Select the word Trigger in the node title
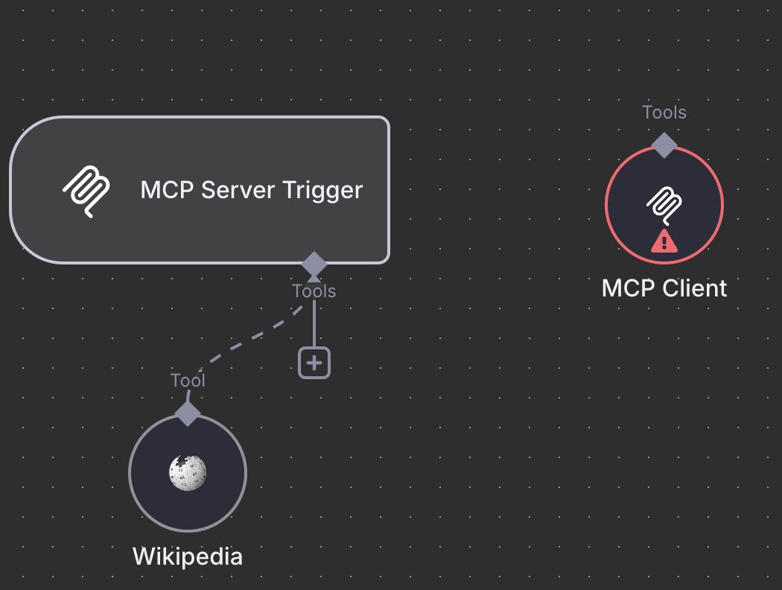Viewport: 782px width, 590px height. pyautogui.click(x=322, y=190)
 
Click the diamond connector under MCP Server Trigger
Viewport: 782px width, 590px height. pyautogui.click(x=314, y=263)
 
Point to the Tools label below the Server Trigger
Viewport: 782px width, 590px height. pyautogui.click(x=314, y=291)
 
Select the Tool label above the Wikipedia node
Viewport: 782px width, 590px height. pyautogui.click(x=188, y=381)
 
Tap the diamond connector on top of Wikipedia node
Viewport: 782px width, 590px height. pyautogui.click(x=188, y=412)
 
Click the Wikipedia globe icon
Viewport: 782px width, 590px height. pyautogui.click(x=188, y=472)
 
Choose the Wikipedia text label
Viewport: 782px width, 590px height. pyautogui.click(x=188, y=556)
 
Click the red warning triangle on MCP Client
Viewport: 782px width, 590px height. pyautogui.click(x=664, y=241)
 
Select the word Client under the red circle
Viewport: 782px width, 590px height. pyautogui.click(x=693, y=288)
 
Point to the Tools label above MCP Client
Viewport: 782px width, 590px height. pyautogui.click(x=664, y=112)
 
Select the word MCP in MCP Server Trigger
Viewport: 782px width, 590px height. pyautogui.click(x=167, y=190)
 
